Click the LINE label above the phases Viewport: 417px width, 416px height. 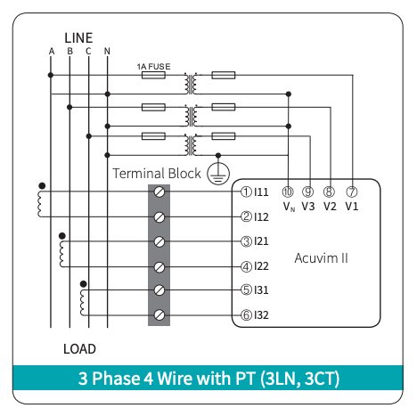tap(78, 38)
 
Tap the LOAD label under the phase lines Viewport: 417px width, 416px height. tap(79, 349)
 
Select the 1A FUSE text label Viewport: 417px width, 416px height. tap(153, 67)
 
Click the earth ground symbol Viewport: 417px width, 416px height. tap(218, 174)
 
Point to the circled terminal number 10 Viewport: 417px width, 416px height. tap(288, 192)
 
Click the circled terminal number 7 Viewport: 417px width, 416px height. tap(352, 192)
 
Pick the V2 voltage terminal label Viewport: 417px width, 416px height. tap(330, 207)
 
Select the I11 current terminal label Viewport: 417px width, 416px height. tap(261, 192)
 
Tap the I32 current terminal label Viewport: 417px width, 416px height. tap(261, 315)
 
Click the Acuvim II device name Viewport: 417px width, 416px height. tap(321, 258)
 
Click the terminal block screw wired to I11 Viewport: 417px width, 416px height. tap(159, 192)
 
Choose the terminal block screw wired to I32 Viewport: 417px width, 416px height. tap(159, 315)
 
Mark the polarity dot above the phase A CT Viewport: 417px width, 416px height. tap(42, 186)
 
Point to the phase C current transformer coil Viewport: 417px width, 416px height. tap(83, 303)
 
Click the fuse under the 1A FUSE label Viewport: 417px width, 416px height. tap(153, 75)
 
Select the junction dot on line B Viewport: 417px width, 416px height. tap(69, 107)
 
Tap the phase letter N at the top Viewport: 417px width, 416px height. tap(107, 52)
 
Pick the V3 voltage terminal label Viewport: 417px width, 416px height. tap(308, 207)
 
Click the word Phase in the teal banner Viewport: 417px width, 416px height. tap(117, 379)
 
